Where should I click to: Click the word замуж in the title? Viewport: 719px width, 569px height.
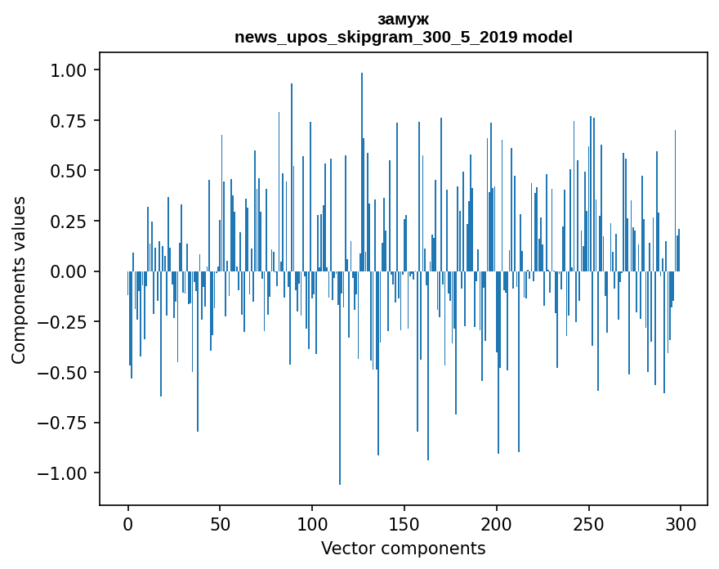(x=403, y=19)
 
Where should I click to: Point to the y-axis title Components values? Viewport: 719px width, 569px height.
(x=19, y=280)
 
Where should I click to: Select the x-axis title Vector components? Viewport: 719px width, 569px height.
(x=403, y=549)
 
